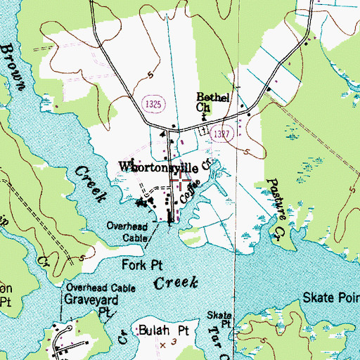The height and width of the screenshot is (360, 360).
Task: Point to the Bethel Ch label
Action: coord(212,102)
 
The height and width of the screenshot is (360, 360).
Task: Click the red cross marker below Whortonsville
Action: coord(181,182)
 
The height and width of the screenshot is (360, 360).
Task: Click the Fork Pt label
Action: coord(138,266)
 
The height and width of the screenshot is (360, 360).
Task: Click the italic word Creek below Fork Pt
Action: coord(176,283)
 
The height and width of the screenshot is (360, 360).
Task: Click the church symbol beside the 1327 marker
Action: coord(202,131)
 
